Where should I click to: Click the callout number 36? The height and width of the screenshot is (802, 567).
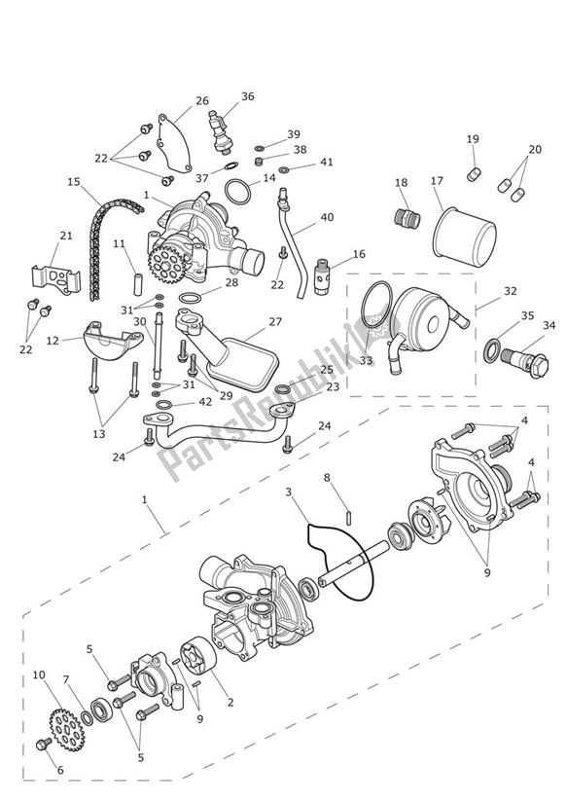(x=248, y=96)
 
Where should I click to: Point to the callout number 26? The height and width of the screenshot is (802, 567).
(x=201, y=100)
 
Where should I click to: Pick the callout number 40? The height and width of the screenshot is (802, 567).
(x=327, y=217)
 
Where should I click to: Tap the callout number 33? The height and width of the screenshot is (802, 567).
(x=367, y=361)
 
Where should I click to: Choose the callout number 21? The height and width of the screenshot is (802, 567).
(x=65, y=235)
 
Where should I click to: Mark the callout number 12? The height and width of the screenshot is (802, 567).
(x=52, y=340)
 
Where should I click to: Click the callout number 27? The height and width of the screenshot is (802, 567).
(x=275, y=321)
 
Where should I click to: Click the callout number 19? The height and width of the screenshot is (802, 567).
(x=473, y=139)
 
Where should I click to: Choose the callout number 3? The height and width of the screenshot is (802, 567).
(x=289, y=492)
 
